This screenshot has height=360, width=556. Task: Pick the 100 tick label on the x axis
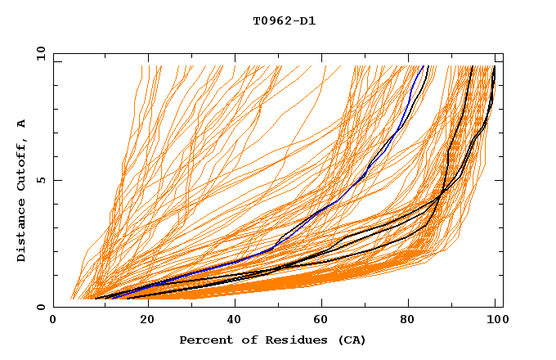point(495,320)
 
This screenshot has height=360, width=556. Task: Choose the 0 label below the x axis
point(54,320)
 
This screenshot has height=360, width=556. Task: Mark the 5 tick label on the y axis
point(39,180)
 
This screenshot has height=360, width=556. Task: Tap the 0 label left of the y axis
point(39,307)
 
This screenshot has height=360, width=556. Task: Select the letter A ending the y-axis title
point(21,124)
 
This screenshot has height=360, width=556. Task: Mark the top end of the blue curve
point(423,67)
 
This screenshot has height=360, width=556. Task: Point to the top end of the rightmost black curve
point(495,67)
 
